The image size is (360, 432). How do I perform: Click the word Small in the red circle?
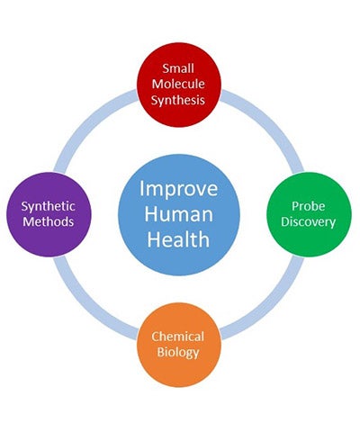pyautogui.click(x=178, y=68)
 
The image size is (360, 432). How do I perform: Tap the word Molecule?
pyautogui.click(x=178, y=84)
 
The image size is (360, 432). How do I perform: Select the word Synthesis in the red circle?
pyautogui.click(x=178, y=100)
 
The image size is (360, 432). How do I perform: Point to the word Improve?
pyautogui.click(x=179, y=189)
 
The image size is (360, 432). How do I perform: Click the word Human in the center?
pyautogui.click(x=179, y=214)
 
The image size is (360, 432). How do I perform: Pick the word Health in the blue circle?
pyautogui.click(x=178, y=239)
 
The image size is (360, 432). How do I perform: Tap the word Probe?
pyautogui.click(x=309, y=207)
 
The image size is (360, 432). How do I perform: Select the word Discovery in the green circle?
pyautogui.click(x=309, y=222)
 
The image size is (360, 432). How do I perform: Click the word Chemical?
pyautogui.click(x=178, y=337)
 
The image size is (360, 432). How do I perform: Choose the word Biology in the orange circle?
pyautogui.click(x=178, y=353)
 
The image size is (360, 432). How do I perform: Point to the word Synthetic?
pyautogui.click(x=48, y=207)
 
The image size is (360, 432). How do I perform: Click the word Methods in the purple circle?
pyautogui.click(x=49, y=221)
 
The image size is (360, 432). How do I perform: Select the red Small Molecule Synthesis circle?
pyautogui.click(x=179, y=85)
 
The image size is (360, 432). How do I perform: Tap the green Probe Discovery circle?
pyautogui.click(x=309, y=214)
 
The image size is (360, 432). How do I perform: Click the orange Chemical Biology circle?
pyautogui.click(x=179, y=345)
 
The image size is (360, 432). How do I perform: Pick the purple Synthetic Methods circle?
pyautogui.click(x=49, y=214)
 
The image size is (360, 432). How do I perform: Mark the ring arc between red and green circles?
pyautogui.click(x=271, y=122)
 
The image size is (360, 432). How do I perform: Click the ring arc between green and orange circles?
pyautogui.click(x=271, y=307)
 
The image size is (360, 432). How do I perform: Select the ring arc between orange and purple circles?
pyautogui.click(x=86, y=307)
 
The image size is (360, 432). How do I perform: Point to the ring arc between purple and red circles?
pyautogui.click(x=86, y=122)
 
